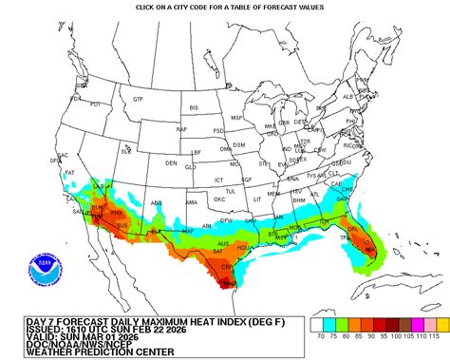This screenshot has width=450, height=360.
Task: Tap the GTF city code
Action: [x=138, y=99]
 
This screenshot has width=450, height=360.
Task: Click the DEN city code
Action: [x=171, y=162]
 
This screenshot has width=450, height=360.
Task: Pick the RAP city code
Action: [x=181, y=128]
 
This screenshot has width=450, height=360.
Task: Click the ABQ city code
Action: [x=157, y=202]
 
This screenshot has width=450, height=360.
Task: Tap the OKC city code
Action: [x=219, y=199]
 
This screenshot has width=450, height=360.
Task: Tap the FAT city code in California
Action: [x=70, y=173]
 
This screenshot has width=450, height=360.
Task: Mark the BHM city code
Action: [x=299, y=201]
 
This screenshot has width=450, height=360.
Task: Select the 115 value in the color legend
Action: [x=434, y=335]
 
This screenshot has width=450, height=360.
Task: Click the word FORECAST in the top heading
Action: [x=256, y=8]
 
